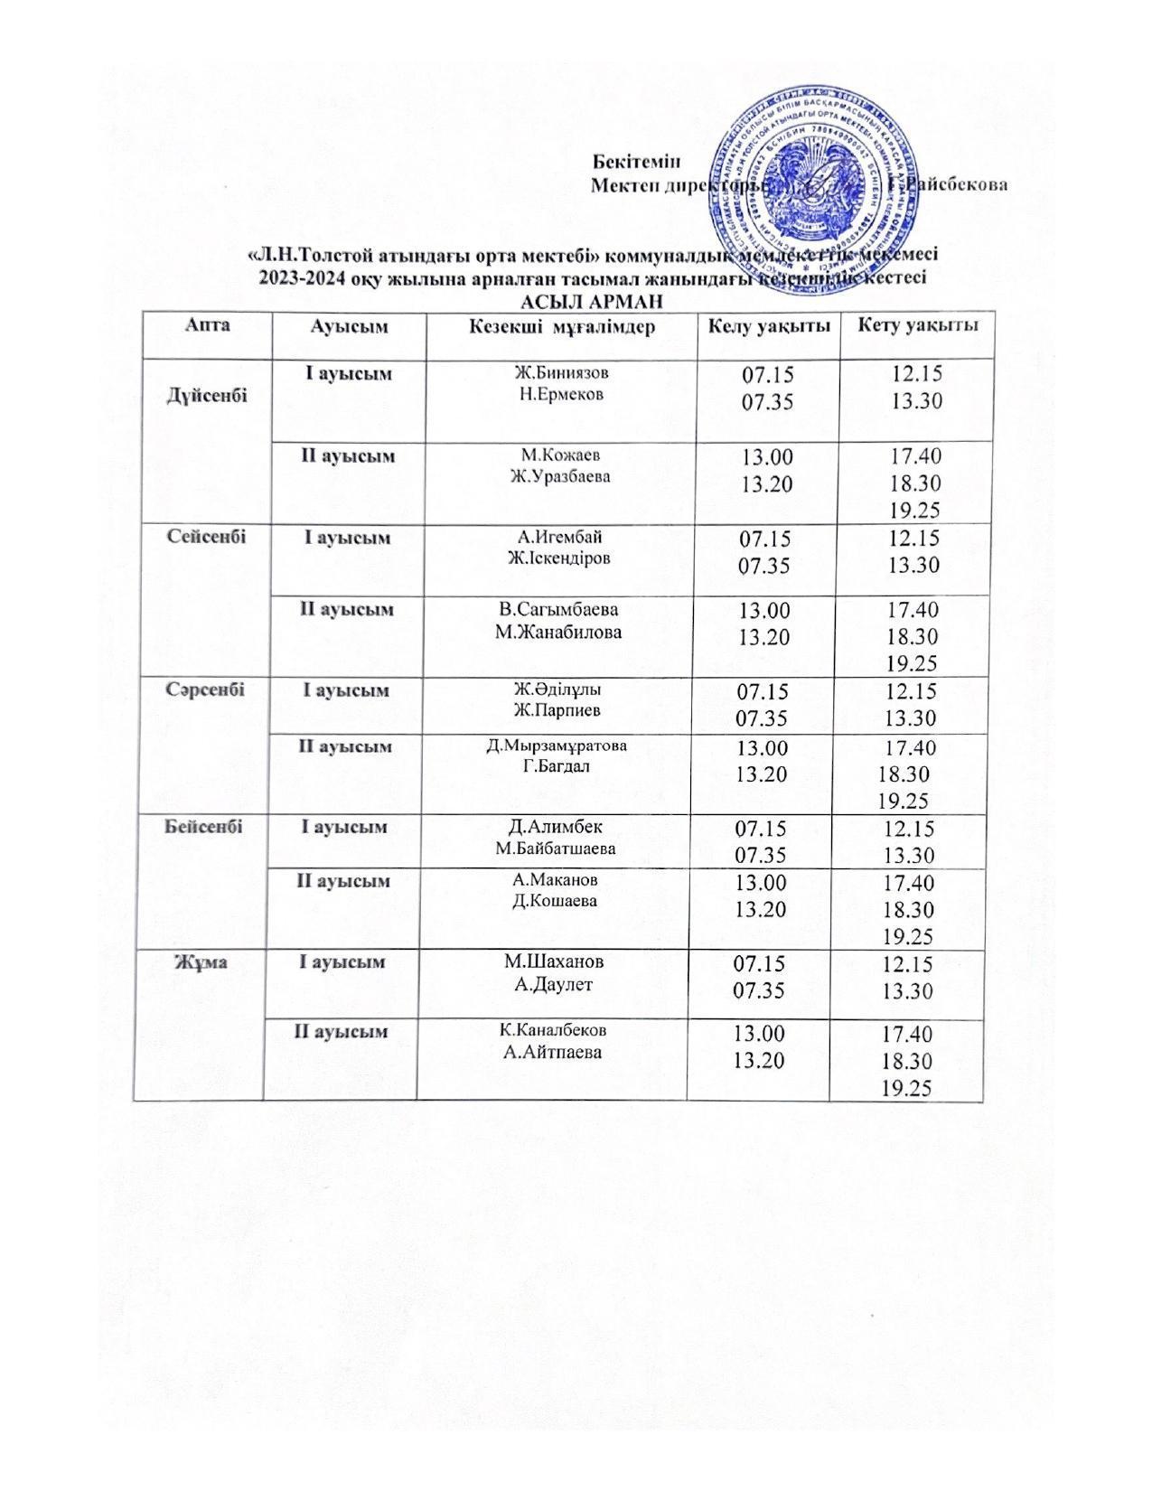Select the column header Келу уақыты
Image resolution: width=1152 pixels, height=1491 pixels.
click(x=768, y=326)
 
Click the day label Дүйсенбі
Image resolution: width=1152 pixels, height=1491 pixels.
click(x=207, y=396)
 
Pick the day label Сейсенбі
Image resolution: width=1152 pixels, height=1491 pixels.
click(x=207, y=536)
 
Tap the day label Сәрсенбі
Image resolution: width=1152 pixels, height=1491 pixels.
click(x=205, y=689)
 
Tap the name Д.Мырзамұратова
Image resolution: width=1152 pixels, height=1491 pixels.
click(x=557, y=746)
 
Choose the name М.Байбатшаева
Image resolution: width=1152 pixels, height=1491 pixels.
click(x=555, y=849)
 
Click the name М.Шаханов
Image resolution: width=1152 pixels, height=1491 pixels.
click(x=554, y=961)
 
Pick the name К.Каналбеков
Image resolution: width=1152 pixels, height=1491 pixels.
click(x=554, y=1030)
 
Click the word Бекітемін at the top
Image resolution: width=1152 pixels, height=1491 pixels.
click(x=635, y=162)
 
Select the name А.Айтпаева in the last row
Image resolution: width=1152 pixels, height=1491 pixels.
click(x=554, y=1052)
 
